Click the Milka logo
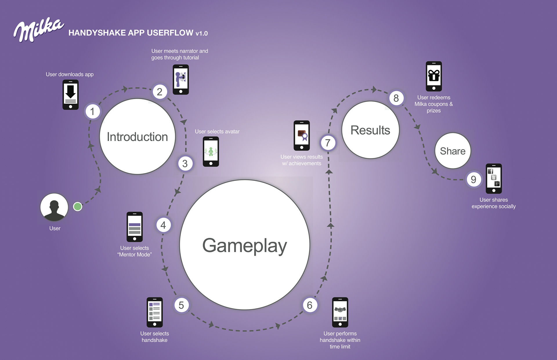point(38,30)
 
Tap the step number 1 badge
point(93,112)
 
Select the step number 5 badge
point(181,305)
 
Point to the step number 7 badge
point(328,143)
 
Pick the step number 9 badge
point(473,180)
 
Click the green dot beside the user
point(77,207)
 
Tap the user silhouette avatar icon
point(54,207)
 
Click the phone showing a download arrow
point(70,95)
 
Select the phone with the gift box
point(434,76)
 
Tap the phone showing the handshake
point(340,312)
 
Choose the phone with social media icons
point(493,179)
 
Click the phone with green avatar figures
point(211,152)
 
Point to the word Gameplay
point(245,246)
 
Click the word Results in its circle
point(370,130)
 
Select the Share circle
point(453,151)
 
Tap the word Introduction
point(137,137)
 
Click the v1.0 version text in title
point(202,34)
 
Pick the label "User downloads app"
point(70,74)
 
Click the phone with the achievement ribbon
point(302,135)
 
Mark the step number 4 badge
point(163,225)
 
